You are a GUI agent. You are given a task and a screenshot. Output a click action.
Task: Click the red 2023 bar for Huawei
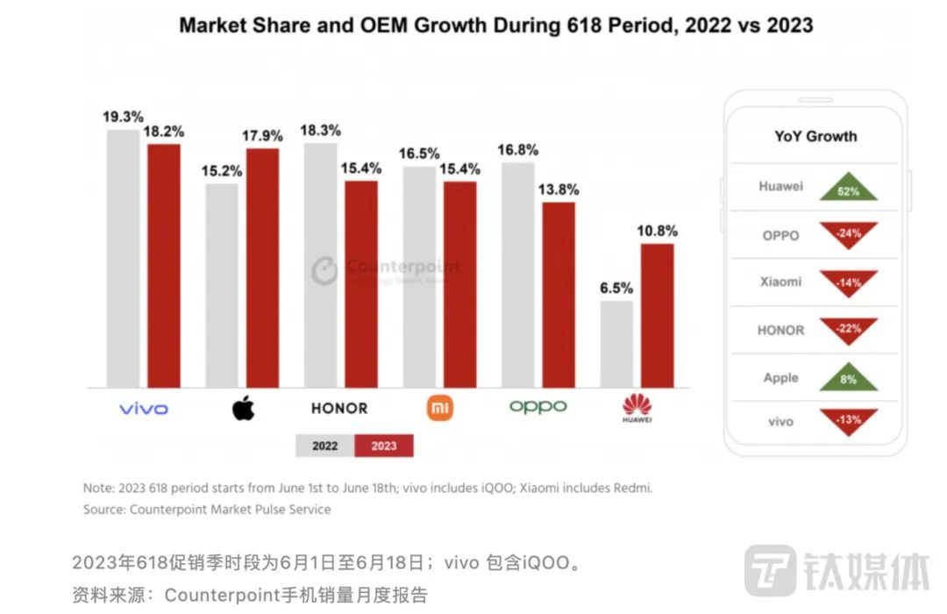(658, 316)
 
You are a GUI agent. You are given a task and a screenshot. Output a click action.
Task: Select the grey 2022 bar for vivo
(123, 259)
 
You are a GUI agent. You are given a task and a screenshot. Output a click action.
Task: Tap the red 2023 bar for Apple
(262, 268)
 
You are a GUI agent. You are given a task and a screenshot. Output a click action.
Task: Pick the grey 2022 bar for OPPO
(518, 275)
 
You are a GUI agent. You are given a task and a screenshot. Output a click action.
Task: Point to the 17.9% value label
(263, 136)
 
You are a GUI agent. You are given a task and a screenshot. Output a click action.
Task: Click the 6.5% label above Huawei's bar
(616, 288)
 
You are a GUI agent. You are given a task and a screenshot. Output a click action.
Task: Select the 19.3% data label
(123, 116)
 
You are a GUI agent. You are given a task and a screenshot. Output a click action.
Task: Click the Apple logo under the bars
(243, 408)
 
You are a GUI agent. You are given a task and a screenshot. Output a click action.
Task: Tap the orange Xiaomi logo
(440, 408)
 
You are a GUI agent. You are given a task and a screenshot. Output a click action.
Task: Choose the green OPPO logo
(538, 407)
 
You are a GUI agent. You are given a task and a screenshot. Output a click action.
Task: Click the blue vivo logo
(143, 409)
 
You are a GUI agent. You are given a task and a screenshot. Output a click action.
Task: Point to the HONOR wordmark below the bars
(339, 409)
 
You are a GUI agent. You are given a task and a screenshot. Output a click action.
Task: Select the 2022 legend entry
(324, 446)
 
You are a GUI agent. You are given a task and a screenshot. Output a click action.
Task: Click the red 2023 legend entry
(383, 446)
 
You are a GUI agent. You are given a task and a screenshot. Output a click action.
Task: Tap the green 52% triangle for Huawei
(848, 188)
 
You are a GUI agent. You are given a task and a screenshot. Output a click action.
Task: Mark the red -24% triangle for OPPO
(848, 233)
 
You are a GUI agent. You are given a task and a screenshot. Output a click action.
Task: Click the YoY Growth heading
(815, 136)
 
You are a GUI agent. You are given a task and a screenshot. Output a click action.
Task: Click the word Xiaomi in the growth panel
(780, 282)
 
